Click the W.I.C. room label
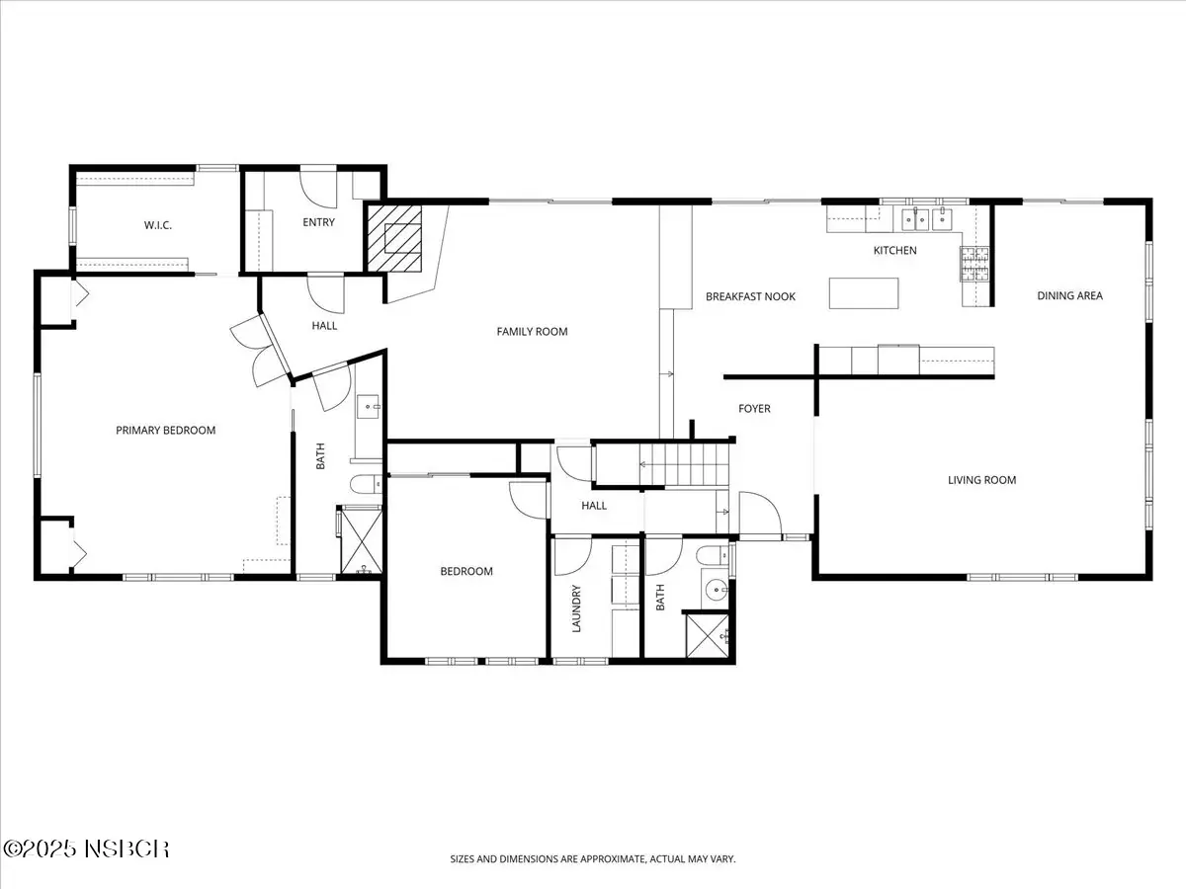pos(158,225)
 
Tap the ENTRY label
pos(319,222)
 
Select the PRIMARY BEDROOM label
pos(166,431)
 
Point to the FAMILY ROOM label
pos(532,332)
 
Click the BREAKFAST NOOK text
pos(750,296)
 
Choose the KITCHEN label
pos(894,251)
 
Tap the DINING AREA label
pos(1069,295)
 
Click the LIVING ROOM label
pos(981,480)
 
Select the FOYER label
pos(754,409)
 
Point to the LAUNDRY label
pos(576,608)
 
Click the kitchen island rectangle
pos(864,293)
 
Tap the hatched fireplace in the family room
pos(394,238)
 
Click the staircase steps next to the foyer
pos(684,464)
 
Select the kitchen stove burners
pos(974,264)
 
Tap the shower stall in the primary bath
pos(362,542)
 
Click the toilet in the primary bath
pos(366,484)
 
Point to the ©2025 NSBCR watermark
pos(86,849)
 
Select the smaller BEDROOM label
pos(466,571)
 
